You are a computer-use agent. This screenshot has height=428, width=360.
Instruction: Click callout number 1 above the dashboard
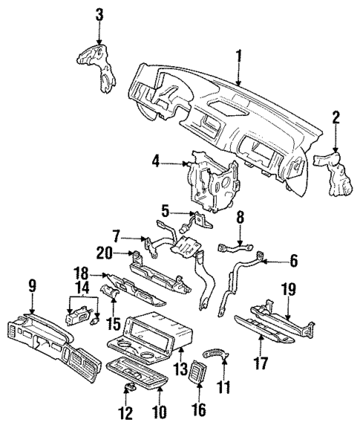pos(238,55)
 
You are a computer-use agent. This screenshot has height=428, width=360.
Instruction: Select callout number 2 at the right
pos(336,116)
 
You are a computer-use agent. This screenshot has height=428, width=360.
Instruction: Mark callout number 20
pos(108,253)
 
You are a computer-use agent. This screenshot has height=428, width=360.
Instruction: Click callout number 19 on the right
pos(289,288)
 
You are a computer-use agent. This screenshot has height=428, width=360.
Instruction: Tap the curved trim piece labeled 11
pos(216,355)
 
